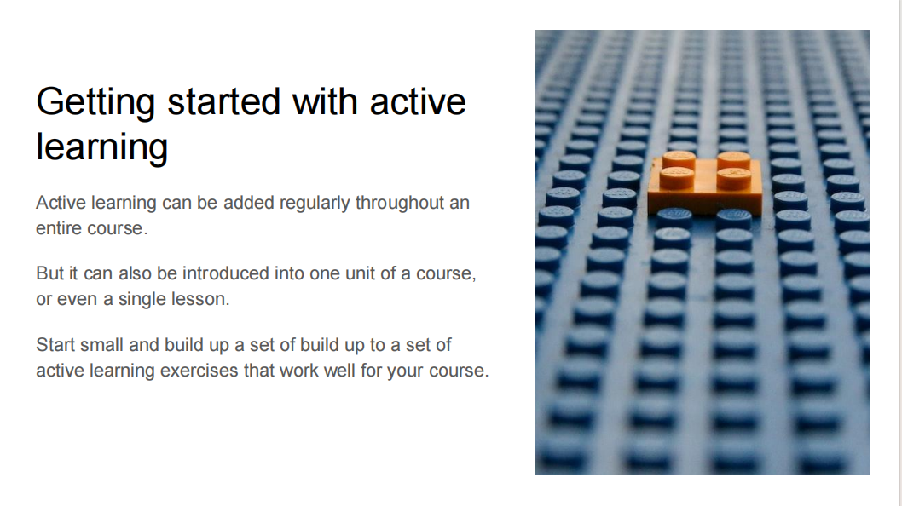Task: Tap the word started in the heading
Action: [x=223, y=101]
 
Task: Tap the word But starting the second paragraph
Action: [x=50, y=273]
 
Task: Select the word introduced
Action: [x=225, y=273]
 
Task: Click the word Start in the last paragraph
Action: [x=55, y=344]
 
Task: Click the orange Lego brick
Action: [x=705, y=184]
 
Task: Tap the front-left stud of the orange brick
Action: [x=677, y=177]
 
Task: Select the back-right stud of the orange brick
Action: [x=733, y=160]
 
